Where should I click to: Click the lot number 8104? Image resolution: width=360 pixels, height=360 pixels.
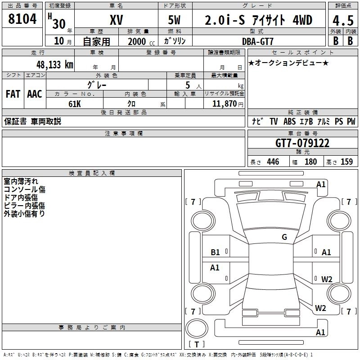(22, 20)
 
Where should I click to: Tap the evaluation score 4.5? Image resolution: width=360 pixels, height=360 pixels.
(342, 20)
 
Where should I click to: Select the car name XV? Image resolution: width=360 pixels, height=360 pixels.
(116, 20)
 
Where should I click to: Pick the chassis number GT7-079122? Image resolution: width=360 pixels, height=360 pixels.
(302, 144)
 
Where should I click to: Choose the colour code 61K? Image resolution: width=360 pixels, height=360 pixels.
(75, 103)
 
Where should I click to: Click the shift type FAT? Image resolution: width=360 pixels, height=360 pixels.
(13, 94)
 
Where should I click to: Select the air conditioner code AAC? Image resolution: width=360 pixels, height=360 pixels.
(35, 94)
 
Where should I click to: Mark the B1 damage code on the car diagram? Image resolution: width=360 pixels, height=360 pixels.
(216, 252)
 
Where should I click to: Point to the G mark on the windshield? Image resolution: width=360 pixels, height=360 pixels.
(284, 237)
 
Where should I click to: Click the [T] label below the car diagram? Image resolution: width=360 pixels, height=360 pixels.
(197, 344)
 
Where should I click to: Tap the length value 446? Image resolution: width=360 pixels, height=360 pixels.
(273, 162)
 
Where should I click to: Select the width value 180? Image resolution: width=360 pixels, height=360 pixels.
(310, 162)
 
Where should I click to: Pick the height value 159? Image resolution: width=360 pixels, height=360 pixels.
(346, 162)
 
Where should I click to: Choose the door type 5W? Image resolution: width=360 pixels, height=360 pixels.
(175, 20)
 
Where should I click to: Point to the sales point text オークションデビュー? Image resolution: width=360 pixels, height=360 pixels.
(288, 63)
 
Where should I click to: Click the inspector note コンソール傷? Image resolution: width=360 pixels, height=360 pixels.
(24, 189)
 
